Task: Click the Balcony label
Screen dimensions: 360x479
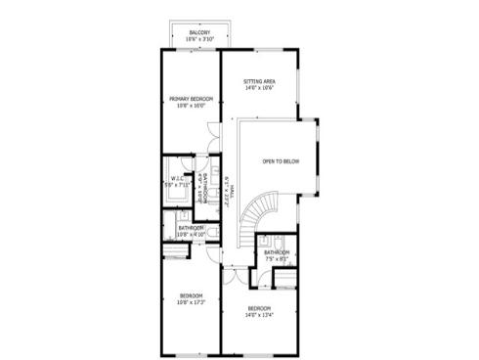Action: (x=198, y=32)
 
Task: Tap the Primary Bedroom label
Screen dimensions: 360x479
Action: (x=191, y=99)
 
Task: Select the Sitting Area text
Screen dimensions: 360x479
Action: (x=258, y=82)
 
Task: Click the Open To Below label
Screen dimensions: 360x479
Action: (x=281, y=160)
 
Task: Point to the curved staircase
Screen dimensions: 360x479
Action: (x=264, y=211)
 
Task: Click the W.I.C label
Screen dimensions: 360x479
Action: (x=177, y=178)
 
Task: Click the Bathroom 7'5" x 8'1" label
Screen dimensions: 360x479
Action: (x=277, y=256)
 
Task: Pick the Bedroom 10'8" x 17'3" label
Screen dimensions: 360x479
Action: (x=191, y=299)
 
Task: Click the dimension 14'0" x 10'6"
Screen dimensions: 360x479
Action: (x=258, y=89)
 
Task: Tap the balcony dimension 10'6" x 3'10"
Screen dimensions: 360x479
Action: (x=198, y=39)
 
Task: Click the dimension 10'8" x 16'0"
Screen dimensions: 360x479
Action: (x=191, y=106)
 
